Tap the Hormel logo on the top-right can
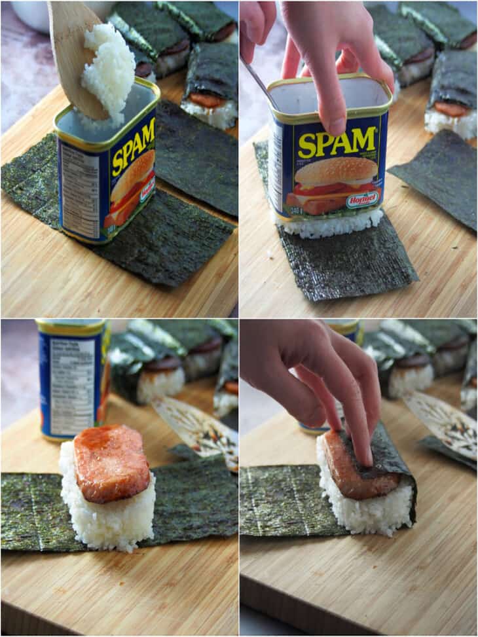pyautogui.click(x=363, y=199)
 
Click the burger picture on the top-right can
pyautogui.click(x=334, y=183)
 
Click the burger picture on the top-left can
pyautogui.click(x=131, y=187)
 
